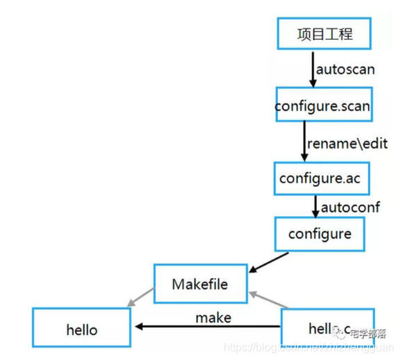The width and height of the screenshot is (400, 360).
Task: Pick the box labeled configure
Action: click(x=320, y=234)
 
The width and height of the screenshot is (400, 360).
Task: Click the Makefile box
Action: click(x=200, y=284)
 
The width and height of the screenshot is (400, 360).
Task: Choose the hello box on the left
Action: click(x=82, y=329)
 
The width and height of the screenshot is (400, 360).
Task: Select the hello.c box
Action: click(x=328, y=329)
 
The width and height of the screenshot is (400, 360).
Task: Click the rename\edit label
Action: click(x=347, y=144)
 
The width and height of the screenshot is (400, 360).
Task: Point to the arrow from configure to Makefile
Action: click(x=268, y=262)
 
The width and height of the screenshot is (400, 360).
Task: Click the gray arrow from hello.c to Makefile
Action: click(x=269, y=300)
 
